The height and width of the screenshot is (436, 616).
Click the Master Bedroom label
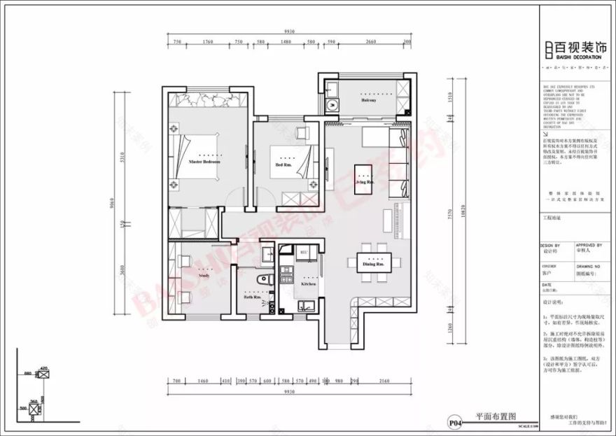pyautogui.click(x=204, y=162)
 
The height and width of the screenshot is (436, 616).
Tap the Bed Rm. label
pyautogui.click(x=283, y=166)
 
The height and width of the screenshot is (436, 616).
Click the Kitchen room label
pyautogui.click(x=309, y=284)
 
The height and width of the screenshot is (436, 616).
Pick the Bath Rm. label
pyautogui.click(x=253, y=297)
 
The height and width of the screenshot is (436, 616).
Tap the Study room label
pyautogui.click(x=204, y=276)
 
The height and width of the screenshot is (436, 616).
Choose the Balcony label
pyautogui.click(x=369, y=101)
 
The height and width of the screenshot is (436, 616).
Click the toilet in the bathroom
pyautogui.click(x=263, y=281)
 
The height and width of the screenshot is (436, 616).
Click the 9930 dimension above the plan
pyautogui.click(x=289, y=31)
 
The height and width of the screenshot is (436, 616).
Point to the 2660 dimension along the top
pyautogui.click(x=371, y=42)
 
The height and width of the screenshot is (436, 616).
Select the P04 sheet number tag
pyautogui.click(x=455, y=422)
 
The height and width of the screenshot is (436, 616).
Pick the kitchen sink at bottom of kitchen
pyautogui.click(x=305, y=305)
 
